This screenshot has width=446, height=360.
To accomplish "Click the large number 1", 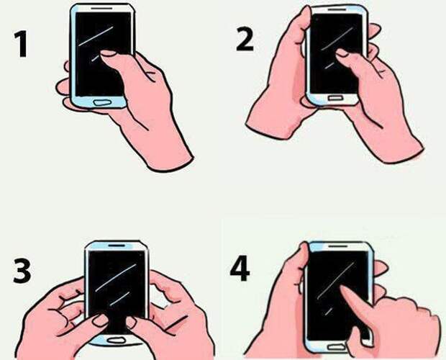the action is [22, 44].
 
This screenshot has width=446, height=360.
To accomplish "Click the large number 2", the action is [245, 40].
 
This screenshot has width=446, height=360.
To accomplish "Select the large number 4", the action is [240, 269].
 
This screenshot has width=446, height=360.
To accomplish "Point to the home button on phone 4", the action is [337, 348].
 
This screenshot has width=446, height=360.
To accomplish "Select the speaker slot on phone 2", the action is [337, 9].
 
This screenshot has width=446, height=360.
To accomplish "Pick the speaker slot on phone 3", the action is [117, 245].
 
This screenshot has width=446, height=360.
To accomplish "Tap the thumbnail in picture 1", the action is [109, 53].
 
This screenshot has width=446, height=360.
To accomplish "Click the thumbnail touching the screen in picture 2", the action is [342, 53].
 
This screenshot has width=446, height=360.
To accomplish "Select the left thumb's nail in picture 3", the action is [101, 320].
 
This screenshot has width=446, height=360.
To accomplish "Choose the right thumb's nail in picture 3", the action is [131, 323].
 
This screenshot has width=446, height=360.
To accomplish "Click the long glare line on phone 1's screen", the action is [96, 36].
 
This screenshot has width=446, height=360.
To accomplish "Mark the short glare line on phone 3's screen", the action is [120, 298].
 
